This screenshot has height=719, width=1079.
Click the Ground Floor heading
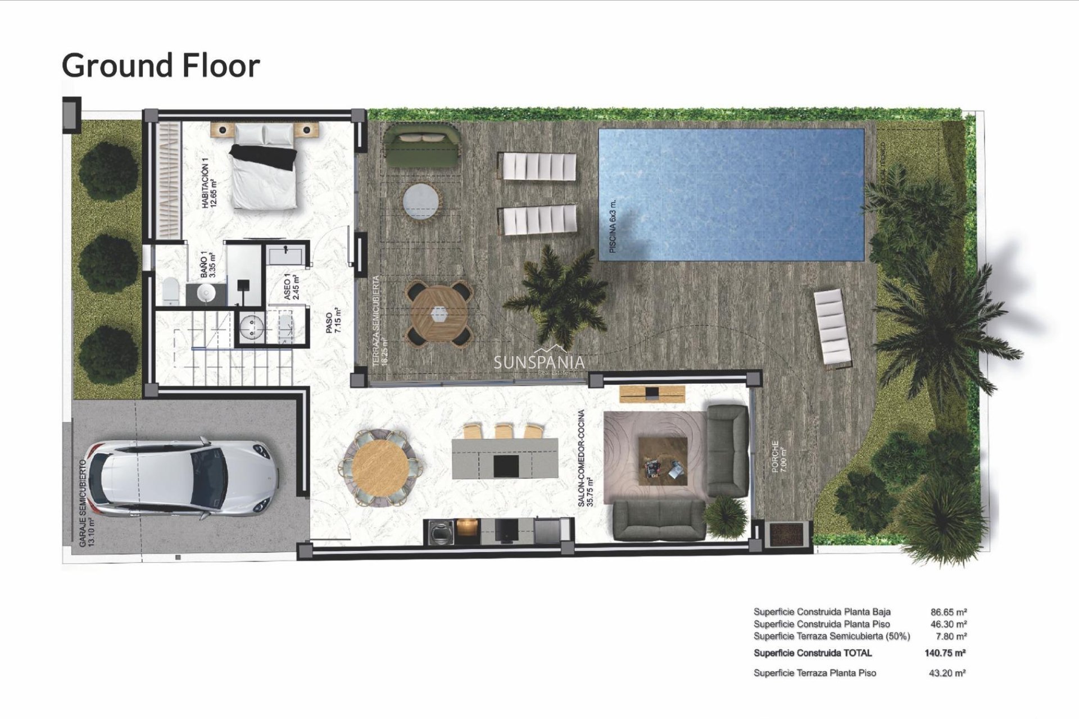(161, 66)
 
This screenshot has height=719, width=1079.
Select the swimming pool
(731, 194)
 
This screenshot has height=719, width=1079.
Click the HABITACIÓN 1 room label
(208, 183)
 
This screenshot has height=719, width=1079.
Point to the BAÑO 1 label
(208, 264)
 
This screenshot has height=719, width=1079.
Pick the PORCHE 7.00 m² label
(778, 456)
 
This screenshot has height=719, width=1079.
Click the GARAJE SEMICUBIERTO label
(85, 503)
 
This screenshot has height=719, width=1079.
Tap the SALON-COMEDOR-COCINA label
(585, 458)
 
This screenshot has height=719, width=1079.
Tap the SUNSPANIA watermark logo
(539, 362)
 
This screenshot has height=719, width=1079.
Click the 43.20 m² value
(947, 673)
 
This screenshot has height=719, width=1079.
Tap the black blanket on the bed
(264, 156)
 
